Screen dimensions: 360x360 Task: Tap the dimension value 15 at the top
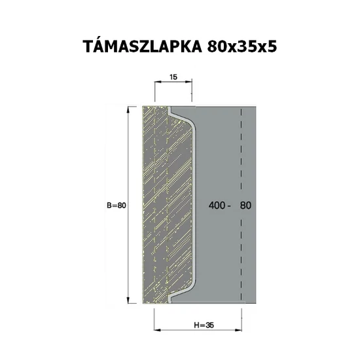click(173, 78)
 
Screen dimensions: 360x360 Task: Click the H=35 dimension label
click(205, 325)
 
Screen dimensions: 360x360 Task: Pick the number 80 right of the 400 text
click(246, 205)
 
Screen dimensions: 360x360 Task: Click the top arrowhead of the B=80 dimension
click(126, 109)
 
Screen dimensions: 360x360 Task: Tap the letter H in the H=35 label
click(198, 325)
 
